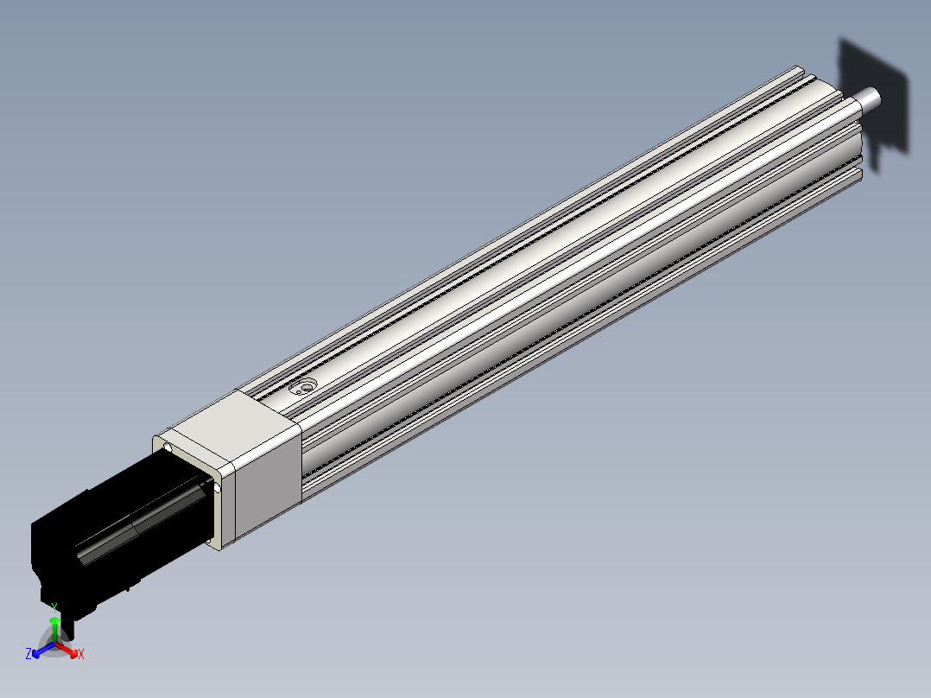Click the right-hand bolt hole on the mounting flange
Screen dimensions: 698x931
[x=218, y=488]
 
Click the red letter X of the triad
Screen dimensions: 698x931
[x=81, y=655]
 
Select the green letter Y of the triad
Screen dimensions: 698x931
[x=54, y=607]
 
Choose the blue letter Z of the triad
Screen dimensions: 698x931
[x=28, y=654]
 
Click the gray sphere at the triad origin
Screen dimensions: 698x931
[x=54, y=644]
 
